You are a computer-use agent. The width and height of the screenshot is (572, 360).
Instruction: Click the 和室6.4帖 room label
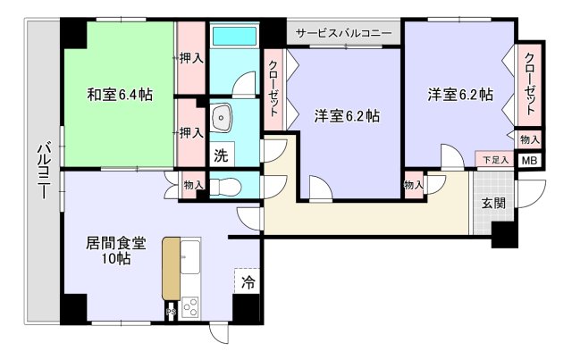[x=119, y=94]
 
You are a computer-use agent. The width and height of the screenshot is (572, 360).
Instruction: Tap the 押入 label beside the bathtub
[x=190, y=57]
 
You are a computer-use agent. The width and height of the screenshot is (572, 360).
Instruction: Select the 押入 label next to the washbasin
[x=190, y=132]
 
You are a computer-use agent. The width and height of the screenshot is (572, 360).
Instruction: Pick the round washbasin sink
[x=223, y=116]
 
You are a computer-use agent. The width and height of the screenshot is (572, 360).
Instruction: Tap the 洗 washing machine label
[x=221, y=154]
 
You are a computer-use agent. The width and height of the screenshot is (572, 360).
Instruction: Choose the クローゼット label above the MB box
[x=530, y=85]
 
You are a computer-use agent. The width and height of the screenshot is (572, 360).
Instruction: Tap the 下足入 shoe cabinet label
[x=494, y=160]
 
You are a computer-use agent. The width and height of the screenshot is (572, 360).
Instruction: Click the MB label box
[x=529, y=161]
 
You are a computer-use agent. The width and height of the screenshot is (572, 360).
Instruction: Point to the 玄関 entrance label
[x=493, y=203]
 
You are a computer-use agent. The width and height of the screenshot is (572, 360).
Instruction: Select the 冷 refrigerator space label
[x=248, y=282]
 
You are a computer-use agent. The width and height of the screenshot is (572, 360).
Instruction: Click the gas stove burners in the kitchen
[x=190, y=306]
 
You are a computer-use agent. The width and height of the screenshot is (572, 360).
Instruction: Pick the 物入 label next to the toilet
[x=193, y=185]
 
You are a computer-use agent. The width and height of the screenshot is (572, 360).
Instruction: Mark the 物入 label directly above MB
[x=529, y=139]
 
